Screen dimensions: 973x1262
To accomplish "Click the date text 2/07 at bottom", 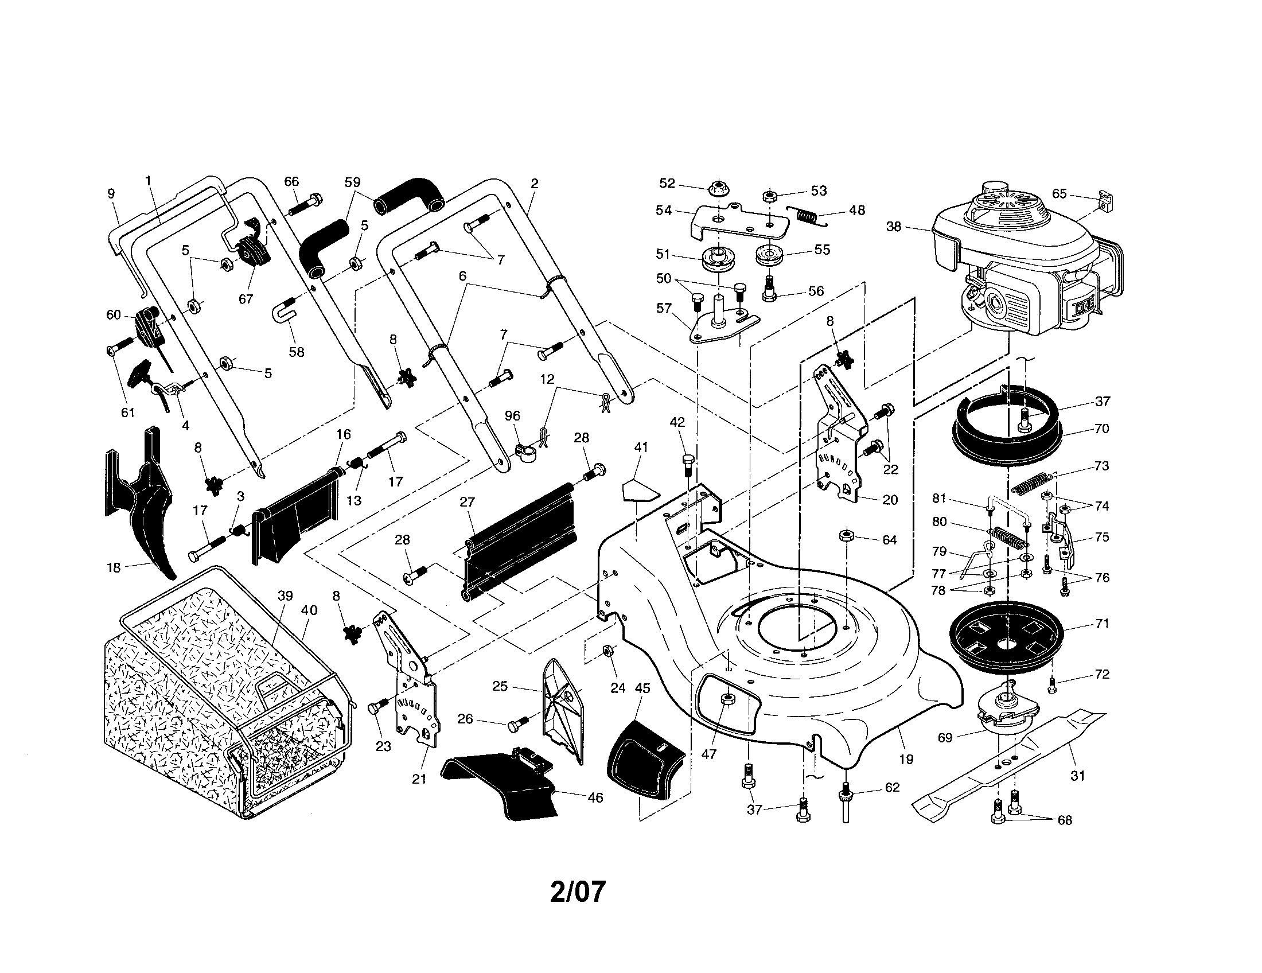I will (577, 892).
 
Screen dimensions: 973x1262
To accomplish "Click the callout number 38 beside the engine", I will (893, 227).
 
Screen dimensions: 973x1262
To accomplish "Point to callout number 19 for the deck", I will (906, 758).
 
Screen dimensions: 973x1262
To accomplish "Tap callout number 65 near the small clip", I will (1058, 193).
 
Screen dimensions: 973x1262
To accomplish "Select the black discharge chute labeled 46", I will (503, 786).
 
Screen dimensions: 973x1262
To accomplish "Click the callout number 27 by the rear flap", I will (467, 502).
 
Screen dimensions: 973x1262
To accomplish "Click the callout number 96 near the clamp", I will (512, 416).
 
